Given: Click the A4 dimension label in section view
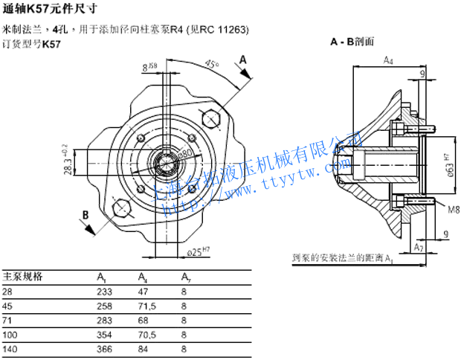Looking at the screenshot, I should coord(388,60).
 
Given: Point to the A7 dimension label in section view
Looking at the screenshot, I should coord(419,245).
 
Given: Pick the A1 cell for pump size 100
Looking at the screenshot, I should coord(104,332).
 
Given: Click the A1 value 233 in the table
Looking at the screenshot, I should coord(104,292).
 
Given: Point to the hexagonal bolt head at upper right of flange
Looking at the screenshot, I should coord(211,118).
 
